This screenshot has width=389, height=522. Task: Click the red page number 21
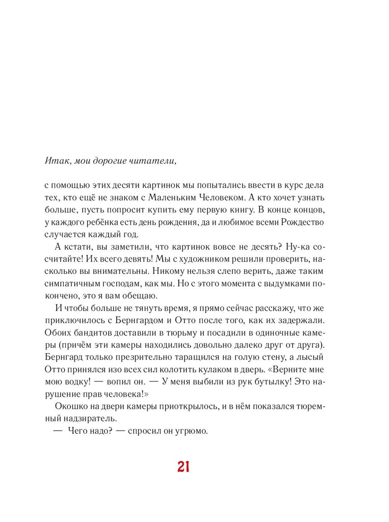coord(183,466)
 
